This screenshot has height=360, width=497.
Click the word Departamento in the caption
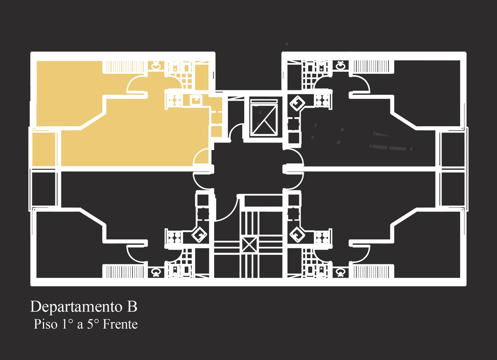pos(76,307)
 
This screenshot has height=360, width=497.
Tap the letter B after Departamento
pos(132,307)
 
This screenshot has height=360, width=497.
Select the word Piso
pos(46,324)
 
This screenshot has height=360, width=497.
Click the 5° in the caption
pos(92,324)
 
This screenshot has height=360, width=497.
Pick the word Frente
pos(120,324)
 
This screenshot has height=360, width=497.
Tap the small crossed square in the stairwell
pos(249,244)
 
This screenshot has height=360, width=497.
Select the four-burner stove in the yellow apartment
pos(174,101)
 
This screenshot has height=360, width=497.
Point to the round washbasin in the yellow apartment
pos(156,66)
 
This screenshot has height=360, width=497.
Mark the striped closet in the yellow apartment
pos(124,67)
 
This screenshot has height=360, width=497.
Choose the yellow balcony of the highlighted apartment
pos(44,149)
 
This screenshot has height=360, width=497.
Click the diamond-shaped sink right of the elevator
pos(297,103)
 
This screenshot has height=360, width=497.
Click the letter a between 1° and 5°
pos(80,325)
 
